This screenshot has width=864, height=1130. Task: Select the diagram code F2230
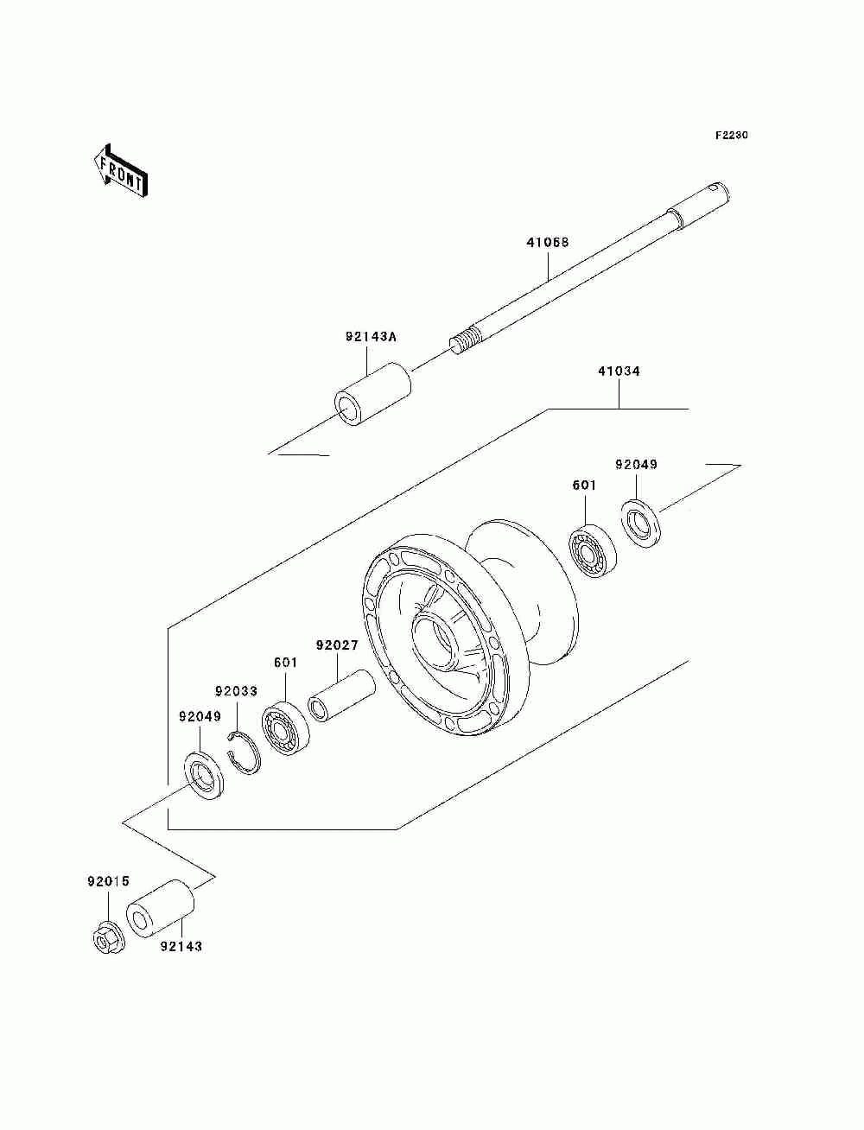pyautogui.click(x=730, y=136)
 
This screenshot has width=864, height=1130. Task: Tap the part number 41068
pyautogui.click(x=547, y=244)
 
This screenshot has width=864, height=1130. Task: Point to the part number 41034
pyautogui.click(x=619, y=371)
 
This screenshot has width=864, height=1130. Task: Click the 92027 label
pyautogui.click(x=337, y=645)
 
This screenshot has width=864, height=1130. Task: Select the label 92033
pyautogui.click(x=236, y=691)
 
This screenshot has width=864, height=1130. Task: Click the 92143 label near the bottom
pyautogui.click(x=181, y=946)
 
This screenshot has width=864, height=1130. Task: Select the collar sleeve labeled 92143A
pyautogui.click(x=372, y=395)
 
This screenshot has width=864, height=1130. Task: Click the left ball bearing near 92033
pyautogui.click(x=284, y=729)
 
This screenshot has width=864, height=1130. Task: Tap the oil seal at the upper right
pyautogui.click(x=640, y=523)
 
